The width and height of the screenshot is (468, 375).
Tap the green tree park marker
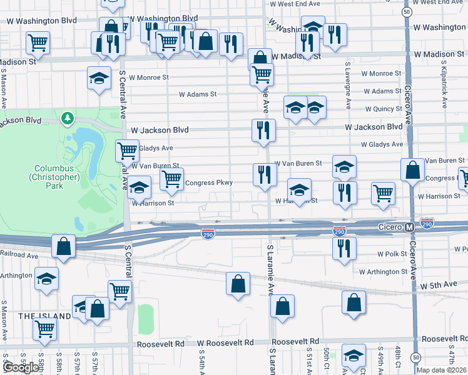68,117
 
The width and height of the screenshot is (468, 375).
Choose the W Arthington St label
383,272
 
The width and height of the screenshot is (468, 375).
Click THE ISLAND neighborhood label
44,316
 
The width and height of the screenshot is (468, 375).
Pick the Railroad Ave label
19,255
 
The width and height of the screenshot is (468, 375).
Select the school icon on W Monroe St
99,78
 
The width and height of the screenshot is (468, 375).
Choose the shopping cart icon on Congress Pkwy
171,179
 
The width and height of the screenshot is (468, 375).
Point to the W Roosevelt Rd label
225,343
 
